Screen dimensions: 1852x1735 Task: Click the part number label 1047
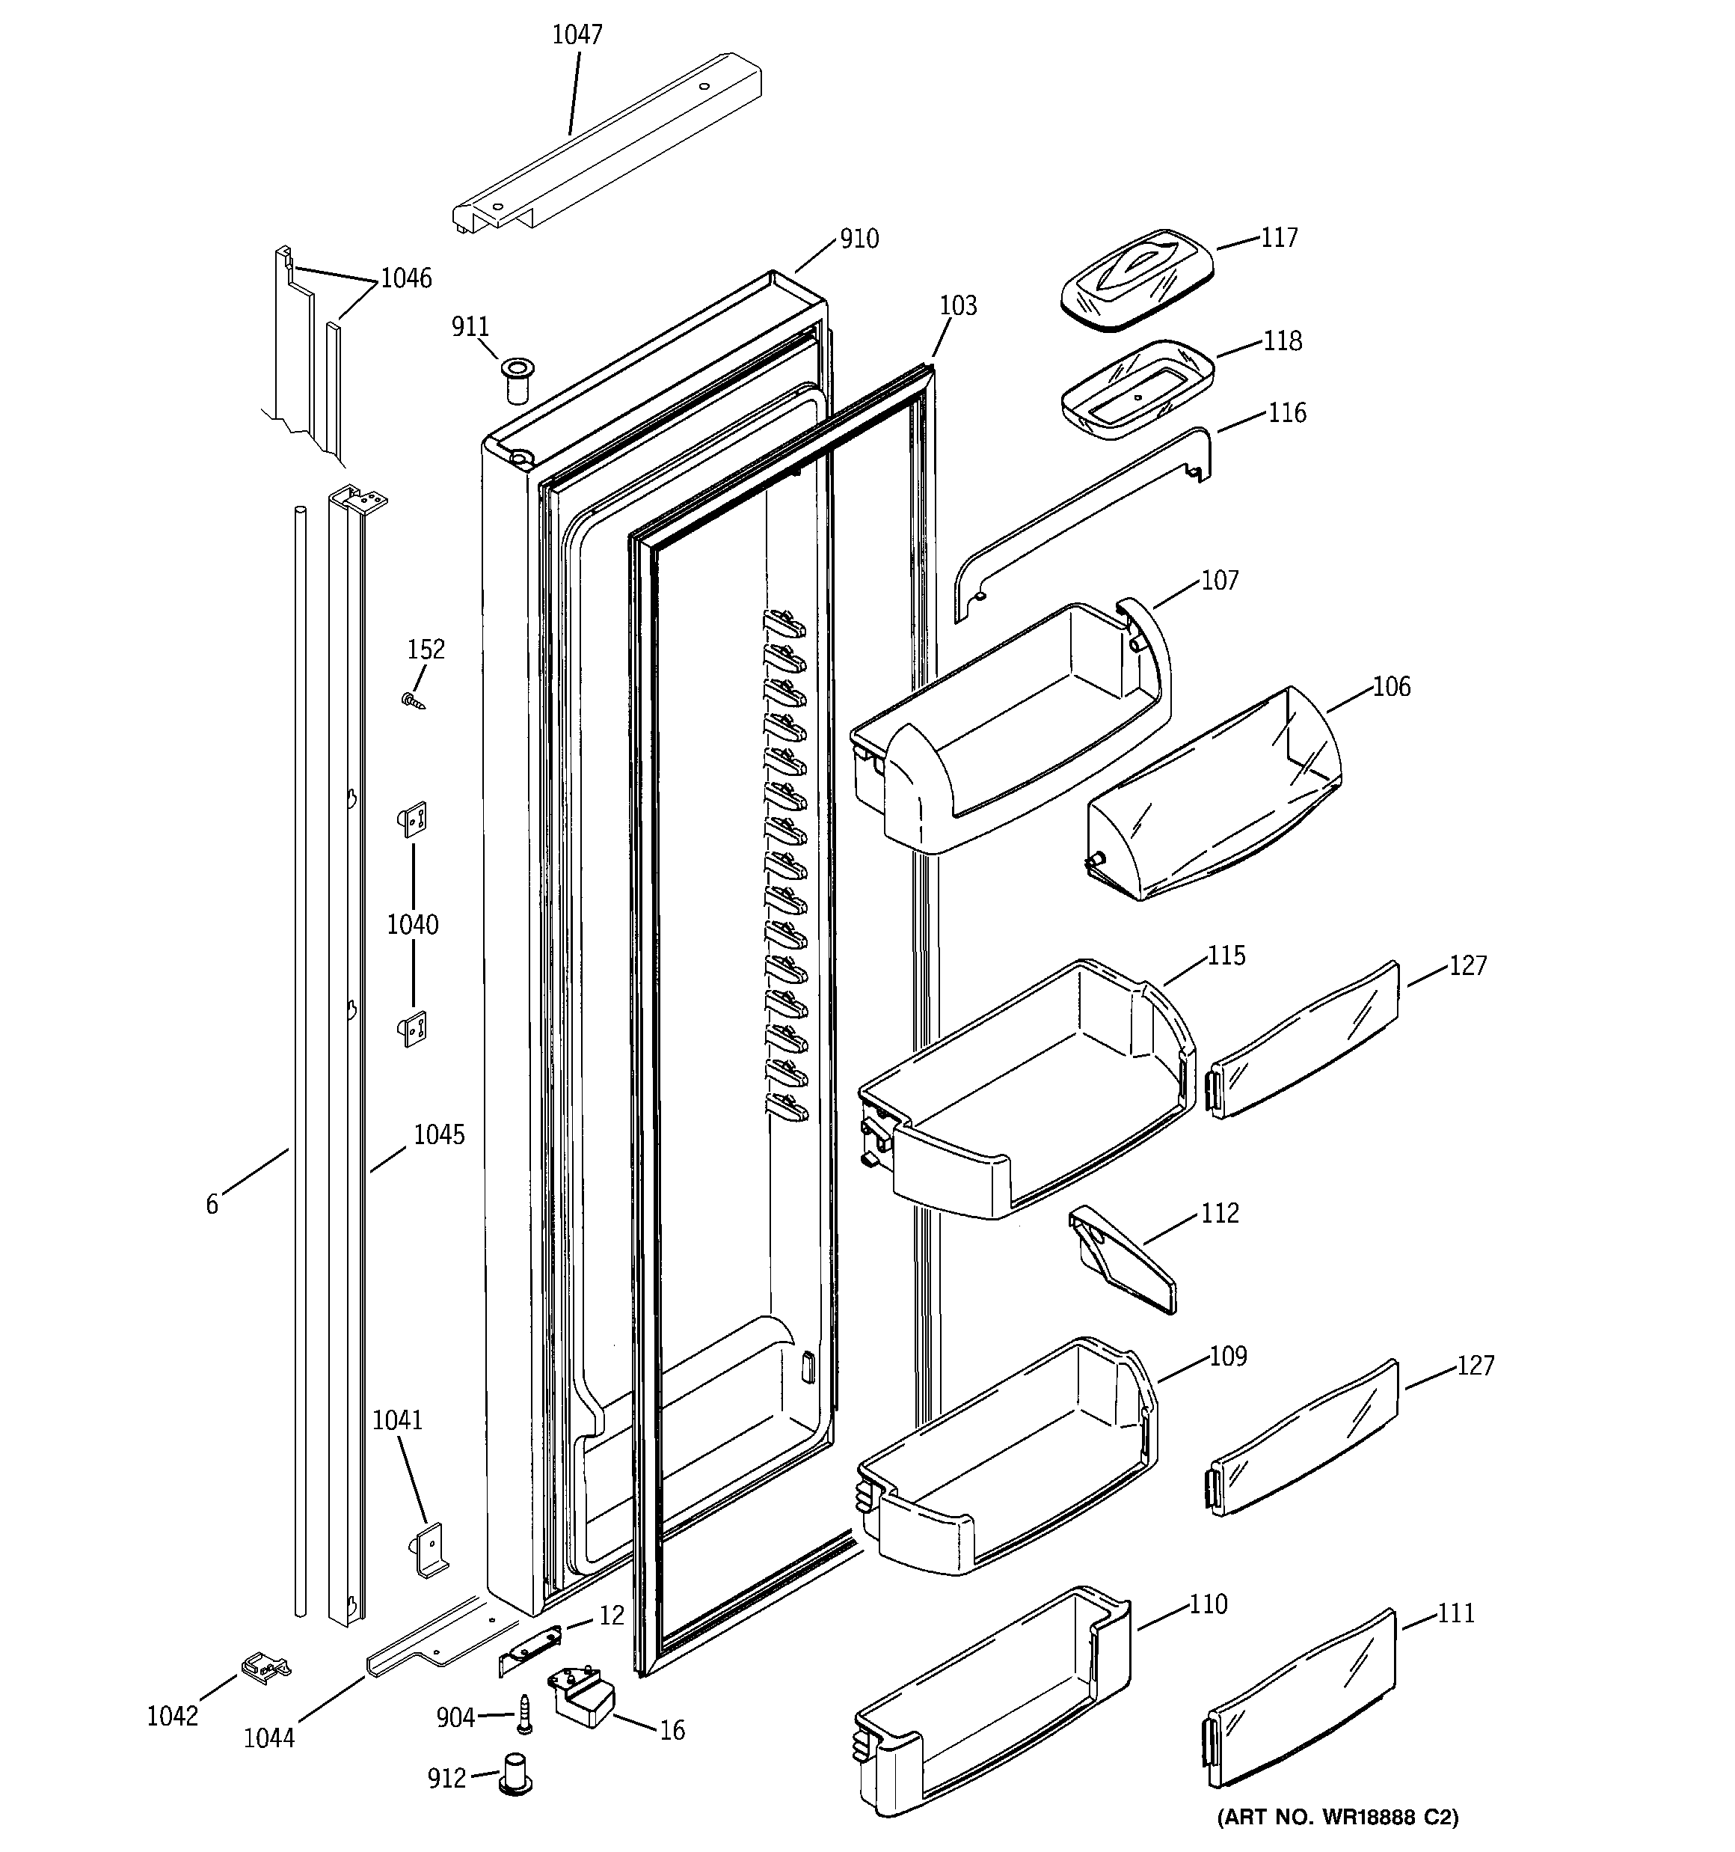point(577,34)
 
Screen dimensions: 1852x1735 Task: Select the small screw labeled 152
point(413,700)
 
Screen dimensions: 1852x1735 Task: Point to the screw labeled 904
point(524,1714)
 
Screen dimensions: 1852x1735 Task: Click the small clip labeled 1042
point(265,1666)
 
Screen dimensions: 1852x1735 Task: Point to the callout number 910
point(859,239)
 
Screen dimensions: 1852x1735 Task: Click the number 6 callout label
point(212,1205)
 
